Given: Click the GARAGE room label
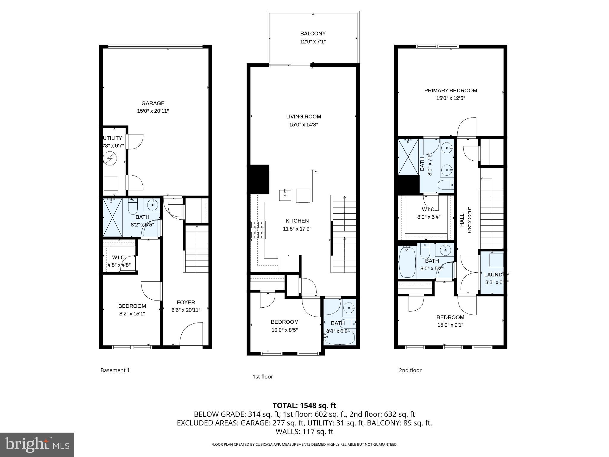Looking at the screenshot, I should pos(153,103).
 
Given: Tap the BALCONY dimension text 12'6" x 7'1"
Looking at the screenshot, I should pos(313,42).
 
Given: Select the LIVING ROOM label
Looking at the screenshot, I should pos(304,117).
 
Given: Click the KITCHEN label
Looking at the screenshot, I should pos(297,221).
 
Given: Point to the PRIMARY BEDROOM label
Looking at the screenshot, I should pos(451,90).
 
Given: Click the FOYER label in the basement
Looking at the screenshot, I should pos(186,302).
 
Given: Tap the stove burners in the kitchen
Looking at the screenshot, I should pos(258,230).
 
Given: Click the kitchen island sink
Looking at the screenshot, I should pos(285,195).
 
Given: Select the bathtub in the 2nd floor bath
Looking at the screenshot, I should pos(407,262).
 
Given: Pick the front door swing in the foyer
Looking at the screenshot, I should pos(191,334).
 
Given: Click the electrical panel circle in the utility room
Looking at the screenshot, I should pos(110,159).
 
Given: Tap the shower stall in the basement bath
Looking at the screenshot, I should pos(112,217).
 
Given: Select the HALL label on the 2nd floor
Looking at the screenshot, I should pos(462,220).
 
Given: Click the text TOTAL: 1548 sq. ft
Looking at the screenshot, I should pos(304,406).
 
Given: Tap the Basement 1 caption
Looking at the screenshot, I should pos(115,370).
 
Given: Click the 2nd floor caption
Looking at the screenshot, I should pos(410,370).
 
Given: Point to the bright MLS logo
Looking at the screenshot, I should pos(37,445).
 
